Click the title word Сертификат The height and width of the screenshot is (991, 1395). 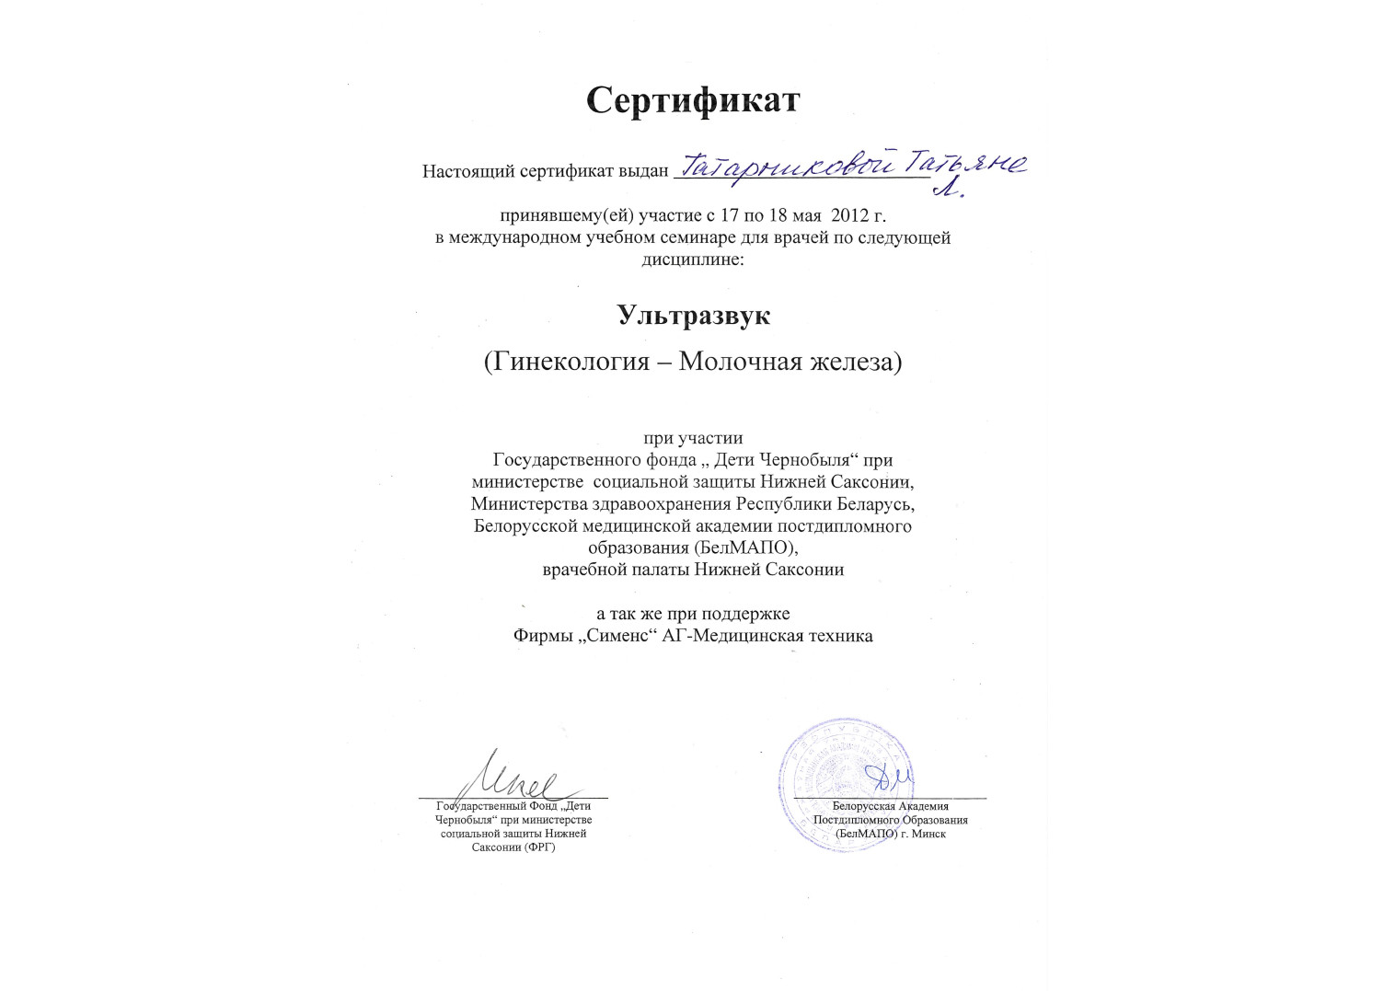pyautogui.click(x=693, y=100)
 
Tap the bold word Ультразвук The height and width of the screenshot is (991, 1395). pyautogui.click(x=693, y=316)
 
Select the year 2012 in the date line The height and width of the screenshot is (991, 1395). pyautogui.click(x=850, y=216)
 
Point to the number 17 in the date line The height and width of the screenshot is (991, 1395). pyautogui.click(x=730, y=216)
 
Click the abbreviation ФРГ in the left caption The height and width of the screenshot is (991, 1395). pyautogui.click(x=538, y=847)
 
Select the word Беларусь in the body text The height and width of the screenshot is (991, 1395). pyautogui.click(x=875, y=504)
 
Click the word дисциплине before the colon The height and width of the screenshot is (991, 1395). pyautogui.click(x=689, y=259)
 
